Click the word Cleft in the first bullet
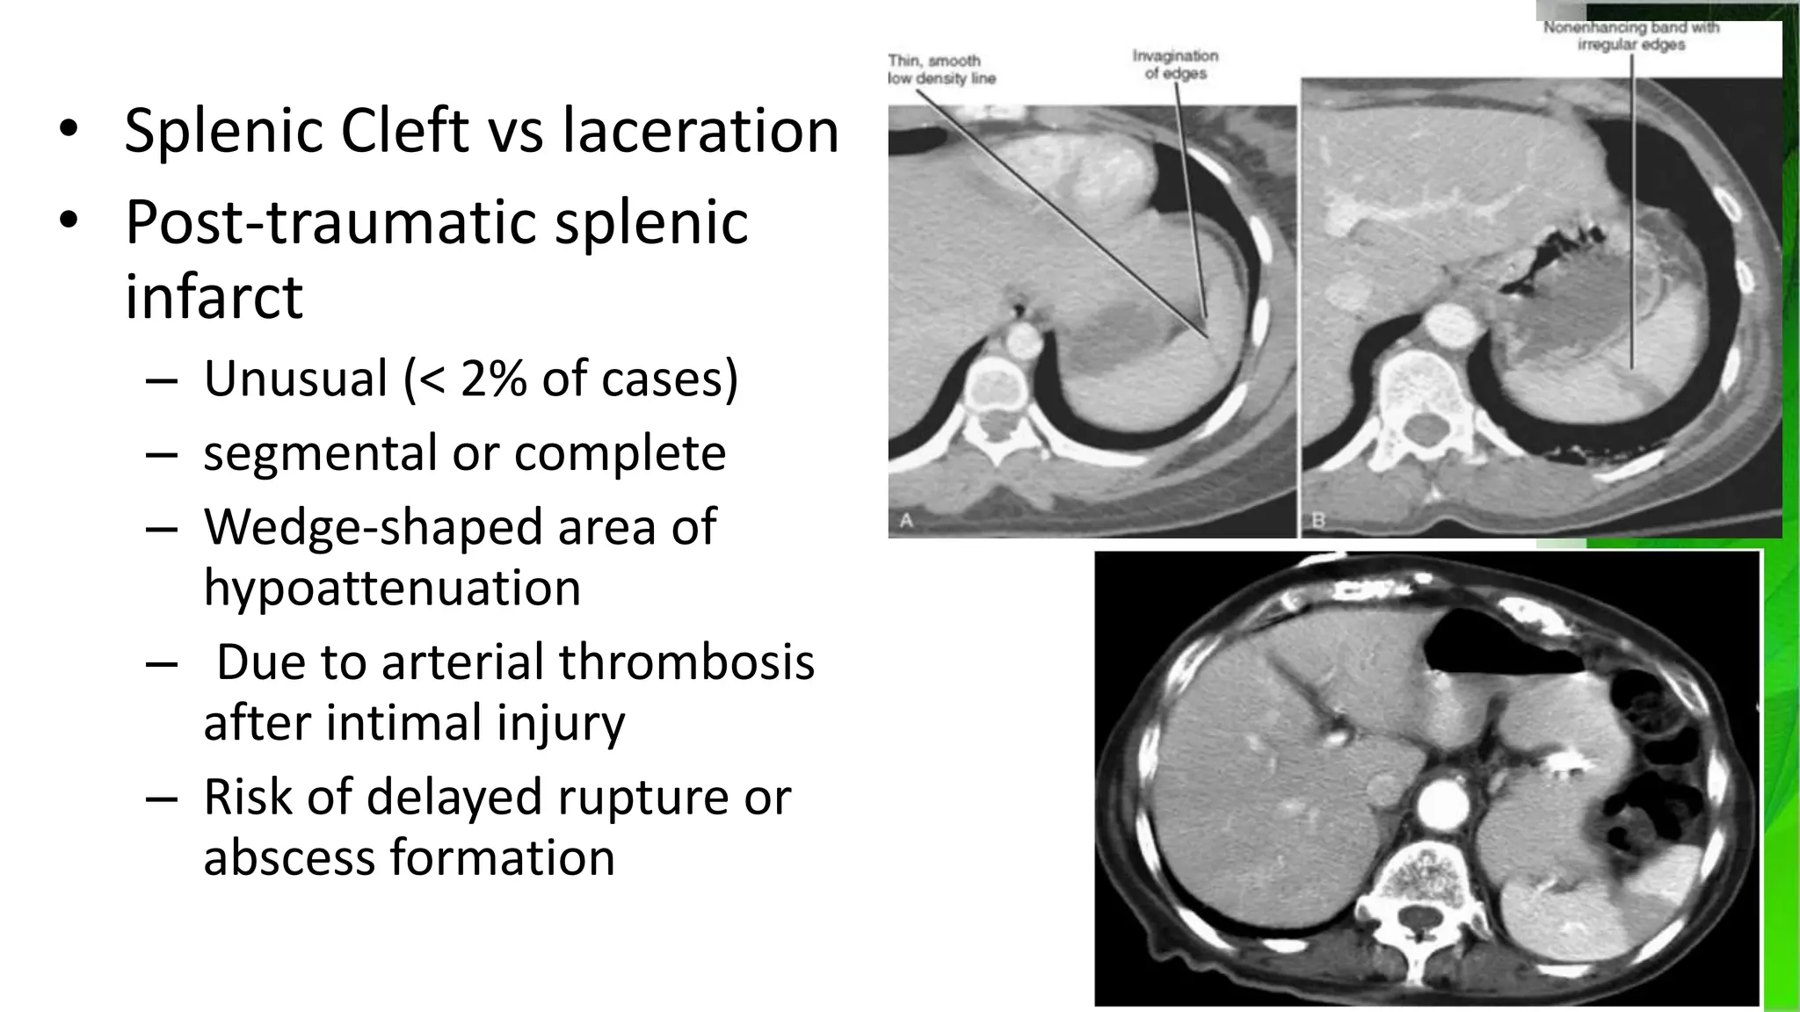(404, 130)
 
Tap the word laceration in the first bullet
(700, 130)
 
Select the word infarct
(214, 296)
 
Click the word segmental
(320, 453)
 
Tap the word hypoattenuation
(392, 587)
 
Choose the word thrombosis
(686, 661)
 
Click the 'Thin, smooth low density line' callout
(942, 69)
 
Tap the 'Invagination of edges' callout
(1175, 64)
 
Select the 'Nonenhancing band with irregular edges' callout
(1631, 36)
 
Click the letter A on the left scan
(906, 520)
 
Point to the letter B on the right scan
(1318, 520)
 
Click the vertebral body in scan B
(1416, 385)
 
